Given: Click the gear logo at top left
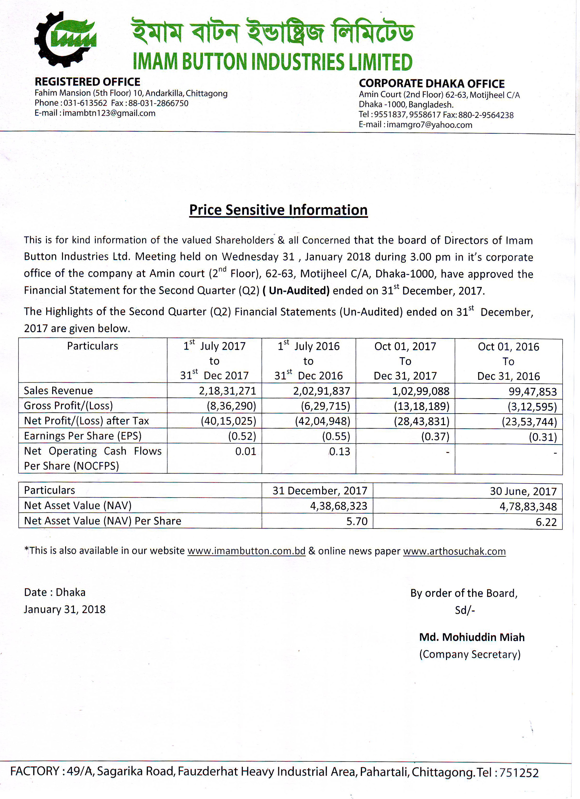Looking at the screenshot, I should click(x=65, y=39).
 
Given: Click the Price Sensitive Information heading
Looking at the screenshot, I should click(x=278, y=210).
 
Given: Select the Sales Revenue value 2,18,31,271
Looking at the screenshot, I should click(x=227, y=391).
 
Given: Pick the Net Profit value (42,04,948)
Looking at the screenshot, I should click(x=322, y=421).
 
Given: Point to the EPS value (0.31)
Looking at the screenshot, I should click(x=543, y=437).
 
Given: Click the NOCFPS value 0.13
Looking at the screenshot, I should click(x=340, y=452).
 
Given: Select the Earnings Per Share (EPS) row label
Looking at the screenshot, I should click(x=83, y=436).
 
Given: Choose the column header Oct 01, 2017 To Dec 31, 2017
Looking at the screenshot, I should click(x=405, y=361).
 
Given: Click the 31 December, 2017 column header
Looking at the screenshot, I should click(x=320, y=491).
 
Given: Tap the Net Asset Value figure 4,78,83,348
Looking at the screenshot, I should click(x=528, y=507).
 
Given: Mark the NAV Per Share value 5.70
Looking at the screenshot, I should click(x=357, y=521).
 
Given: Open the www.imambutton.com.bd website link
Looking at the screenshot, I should click(x=246, y=551).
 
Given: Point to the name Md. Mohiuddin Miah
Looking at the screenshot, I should click(x=472, y=637).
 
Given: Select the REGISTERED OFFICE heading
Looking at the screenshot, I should click(x=87, y=82).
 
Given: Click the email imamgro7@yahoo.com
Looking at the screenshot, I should click(x=429, y=125).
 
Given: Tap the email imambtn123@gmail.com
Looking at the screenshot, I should click(x=109, y=113).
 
